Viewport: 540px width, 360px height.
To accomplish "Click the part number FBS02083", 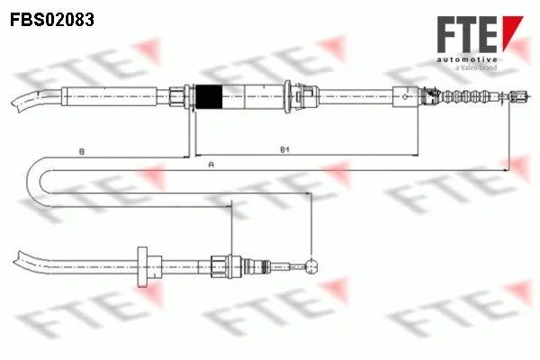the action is [x=52, y=20].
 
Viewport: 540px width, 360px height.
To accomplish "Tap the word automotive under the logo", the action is [x=467, y=59].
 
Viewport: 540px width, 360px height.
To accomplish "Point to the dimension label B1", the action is [x=284, y=150].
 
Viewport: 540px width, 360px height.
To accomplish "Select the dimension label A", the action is [x=211, y=165].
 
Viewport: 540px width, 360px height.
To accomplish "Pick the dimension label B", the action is [x=82, y=151].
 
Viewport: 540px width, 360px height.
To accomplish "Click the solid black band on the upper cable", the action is [x=209, y=97].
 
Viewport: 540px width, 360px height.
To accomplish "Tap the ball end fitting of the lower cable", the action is [x=311, y=266].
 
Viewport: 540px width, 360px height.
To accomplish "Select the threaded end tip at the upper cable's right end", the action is [x=518, y=95].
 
